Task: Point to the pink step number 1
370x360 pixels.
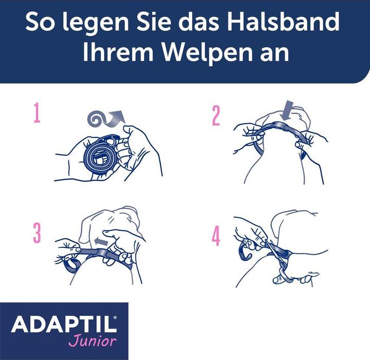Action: (36, 115)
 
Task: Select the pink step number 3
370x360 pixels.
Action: (37, 233)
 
